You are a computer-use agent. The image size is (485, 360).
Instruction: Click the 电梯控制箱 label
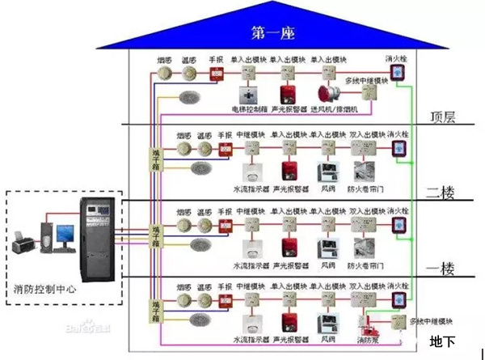point(248,108)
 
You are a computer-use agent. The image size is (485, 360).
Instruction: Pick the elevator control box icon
point(249,93)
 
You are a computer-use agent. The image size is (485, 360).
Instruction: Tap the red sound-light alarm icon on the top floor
point(289,93)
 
